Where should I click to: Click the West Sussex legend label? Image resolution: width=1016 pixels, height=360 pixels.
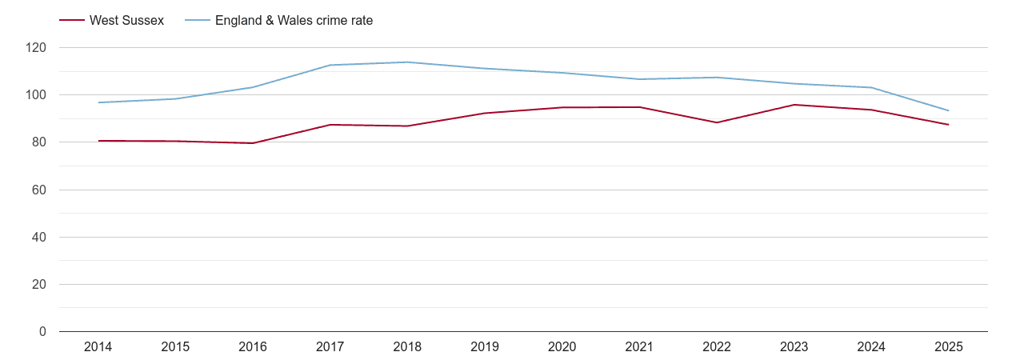tap(126, 21)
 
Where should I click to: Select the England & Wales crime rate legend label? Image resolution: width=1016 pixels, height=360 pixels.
tap(294, 21)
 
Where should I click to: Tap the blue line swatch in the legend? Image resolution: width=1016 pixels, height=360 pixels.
tap(197, 21)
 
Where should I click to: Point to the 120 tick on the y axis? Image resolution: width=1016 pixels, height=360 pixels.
tap(37, 48)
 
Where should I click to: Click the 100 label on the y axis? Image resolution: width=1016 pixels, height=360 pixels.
tap(37, 95)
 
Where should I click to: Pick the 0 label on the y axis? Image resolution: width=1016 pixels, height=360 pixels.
tap(43, 331)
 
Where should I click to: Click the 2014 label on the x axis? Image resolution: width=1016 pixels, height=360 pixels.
tap(98, 347)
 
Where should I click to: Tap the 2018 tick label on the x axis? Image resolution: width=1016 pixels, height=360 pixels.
tap(407, 347)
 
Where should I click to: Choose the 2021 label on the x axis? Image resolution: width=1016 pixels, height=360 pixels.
tap(639, 347)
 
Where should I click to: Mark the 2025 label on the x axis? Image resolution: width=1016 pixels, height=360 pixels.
tap(948, 347)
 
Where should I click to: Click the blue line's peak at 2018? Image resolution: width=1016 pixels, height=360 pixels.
tap(407, 62)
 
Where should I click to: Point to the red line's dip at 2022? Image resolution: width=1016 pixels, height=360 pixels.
tap(717, 122)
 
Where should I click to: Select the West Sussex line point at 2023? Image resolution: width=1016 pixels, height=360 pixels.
tap(794, 105)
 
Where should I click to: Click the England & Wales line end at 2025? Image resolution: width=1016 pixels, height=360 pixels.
tap(948, 110)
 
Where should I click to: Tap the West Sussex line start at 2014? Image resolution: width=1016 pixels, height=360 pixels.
tap(98, 141)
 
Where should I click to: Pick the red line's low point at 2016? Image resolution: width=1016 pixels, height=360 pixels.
tap(253, 143)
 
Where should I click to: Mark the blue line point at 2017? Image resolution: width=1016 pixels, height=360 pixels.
tap(330, 65)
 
